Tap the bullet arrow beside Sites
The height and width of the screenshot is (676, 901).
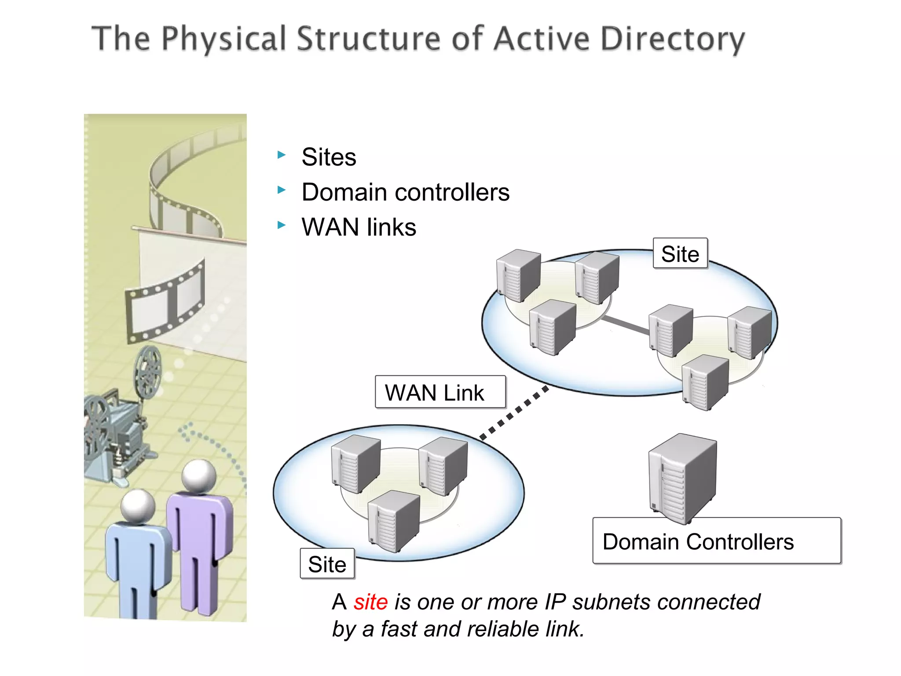point(282,155)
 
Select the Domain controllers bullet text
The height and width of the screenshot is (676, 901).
point(405,192)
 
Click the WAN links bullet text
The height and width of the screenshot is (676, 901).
point(359,228)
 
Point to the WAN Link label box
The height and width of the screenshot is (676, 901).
point(440,392)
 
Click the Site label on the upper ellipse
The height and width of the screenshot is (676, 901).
point(680,254)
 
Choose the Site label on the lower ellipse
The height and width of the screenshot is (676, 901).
point(327,564)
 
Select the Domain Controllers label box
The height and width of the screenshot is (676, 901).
point(716,541)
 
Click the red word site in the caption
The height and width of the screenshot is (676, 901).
point(370,602)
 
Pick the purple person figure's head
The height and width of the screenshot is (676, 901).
point(199,476)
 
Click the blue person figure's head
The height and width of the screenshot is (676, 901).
point(138,505)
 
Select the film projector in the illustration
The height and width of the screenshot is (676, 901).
point(117,422)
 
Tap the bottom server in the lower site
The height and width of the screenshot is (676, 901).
point(394,522)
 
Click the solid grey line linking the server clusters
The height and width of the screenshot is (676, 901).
point(625,325)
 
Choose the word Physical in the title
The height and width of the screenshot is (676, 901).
point(224,39)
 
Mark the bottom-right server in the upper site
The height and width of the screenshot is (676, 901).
point(705,382)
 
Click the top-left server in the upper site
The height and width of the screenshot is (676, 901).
point(518,275)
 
